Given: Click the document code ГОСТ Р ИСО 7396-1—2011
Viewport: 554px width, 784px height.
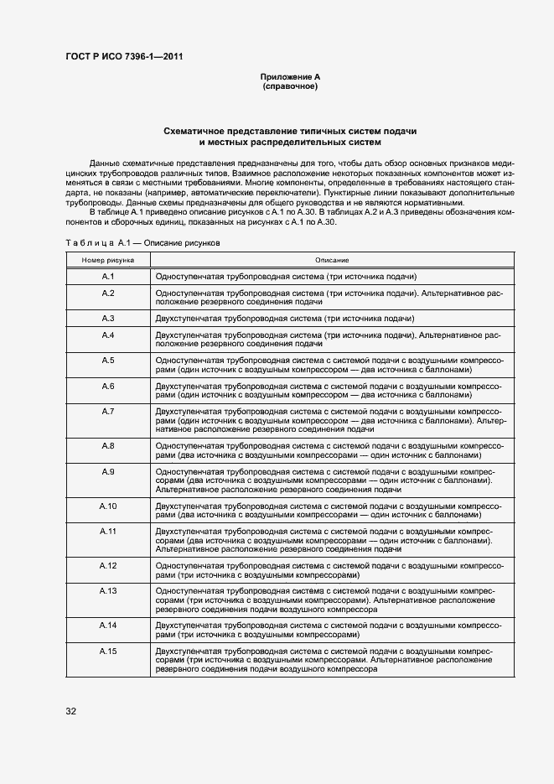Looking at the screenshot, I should pos(124,57).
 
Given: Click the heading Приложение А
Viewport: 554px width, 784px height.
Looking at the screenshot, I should pos(290,77).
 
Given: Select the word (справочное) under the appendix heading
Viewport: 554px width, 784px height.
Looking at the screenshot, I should pos(290,86).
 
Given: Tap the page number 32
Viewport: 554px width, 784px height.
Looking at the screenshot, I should pos(71,712).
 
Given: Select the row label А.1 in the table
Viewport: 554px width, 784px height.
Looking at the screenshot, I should pos(108,276).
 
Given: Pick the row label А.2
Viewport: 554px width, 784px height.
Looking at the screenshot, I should pos(108,293).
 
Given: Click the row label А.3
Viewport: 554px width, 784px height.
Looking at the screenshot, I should pos(108,319).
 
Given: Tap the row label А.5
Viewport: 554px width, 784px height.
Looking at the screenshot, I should pos(108,360).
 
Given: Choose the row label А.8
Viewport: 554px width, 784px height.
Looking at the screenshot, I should pos(108,445).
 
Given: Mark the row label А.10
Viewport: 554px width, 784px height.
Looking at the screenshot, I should pos(108,506).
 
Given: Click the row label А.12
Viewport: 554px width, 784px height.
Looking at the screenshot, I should pos(108,566).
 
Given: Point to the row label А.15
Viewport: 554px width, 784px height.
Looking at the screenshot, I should pos(108,652).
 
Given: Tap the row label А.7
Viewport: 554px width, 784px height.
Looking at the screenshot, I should pos(108,411).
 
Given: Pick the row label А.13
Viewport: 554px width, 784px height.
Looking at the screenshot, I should pos(108,591).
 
